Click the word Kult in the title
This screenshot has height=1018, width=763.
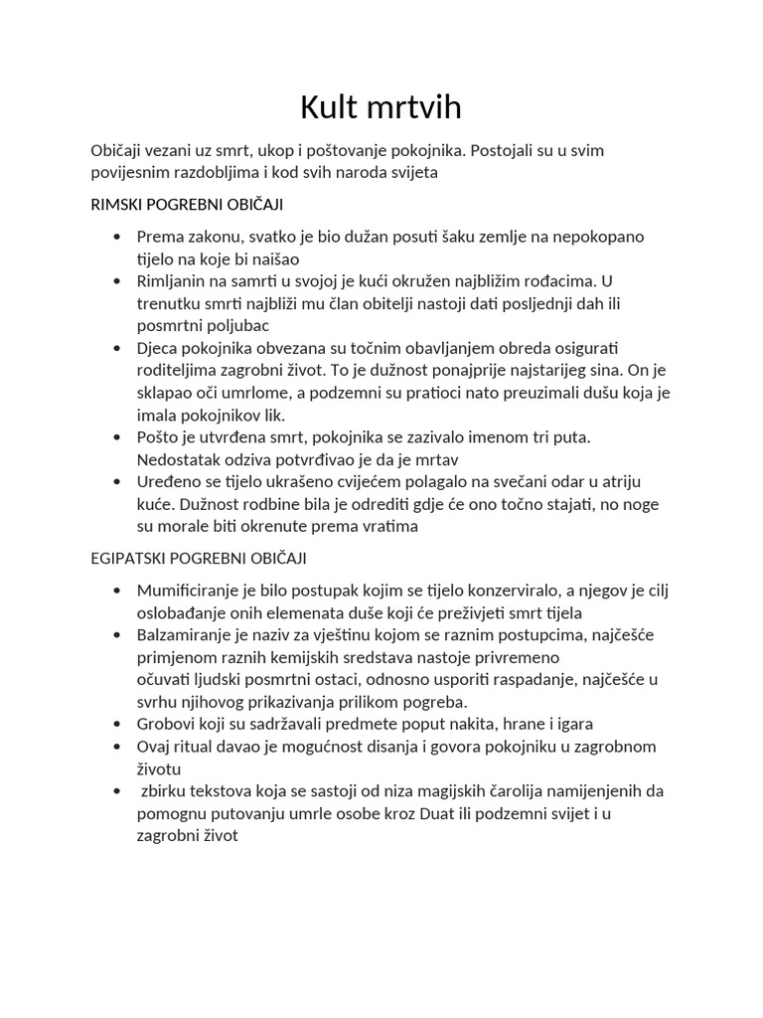tap(335, 107)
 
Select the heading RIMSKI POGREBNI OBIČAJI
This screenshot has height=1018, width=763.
tap(187, 204)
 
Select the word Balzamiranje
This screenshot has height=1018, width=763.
tap(184, 635)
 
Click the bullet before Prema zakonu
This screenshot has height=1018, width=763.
tap(117, 237)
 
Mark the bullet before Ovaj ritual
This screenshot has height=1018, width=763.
tap(117, 747)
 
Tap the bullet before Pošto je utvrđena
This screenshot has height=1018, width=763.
tap(117, 437)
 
